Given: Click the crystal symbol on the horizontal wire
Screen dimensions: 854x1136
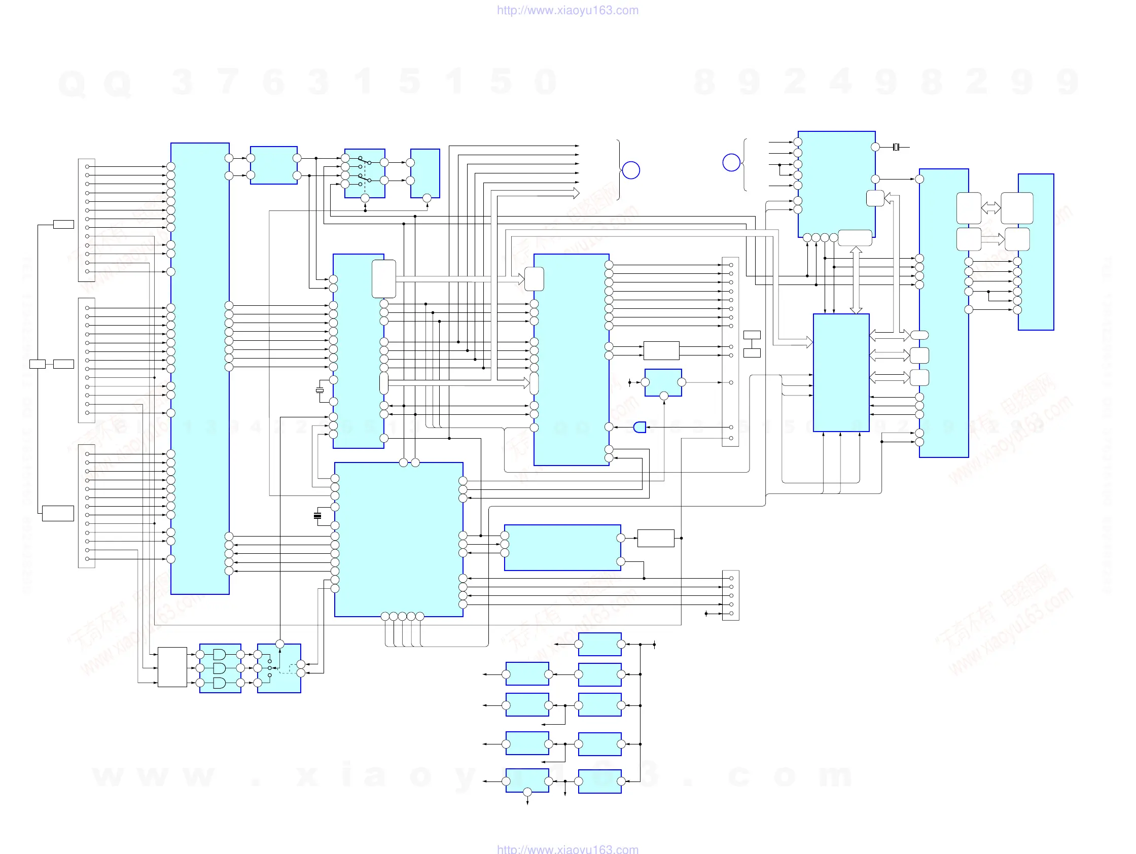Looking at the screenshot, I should pyautogui.click(x=896, y=148).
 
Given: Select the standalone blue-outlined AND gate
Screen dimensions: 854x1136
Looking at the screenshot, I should pyautogui.click(x=640, y=428).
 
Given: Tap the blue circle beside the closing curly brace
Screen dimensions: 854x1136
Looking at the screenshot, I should pyautogui.click(x=631, y=170).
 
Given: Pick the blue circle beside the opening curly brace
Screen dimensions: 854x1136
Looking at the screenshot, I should pyautogui.click(x=731, y=162).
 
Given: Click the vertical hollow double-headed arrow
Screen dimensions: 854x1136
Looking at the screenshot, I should pyautogui.click(x=856, y=280).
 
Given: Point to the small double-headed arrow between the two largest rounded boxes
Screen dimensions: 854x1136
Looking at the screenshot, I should pyautogui.click(x=990, y=208).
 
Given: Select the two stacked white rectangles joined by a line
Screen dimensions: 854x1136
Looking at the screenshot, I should pyautogui.click(x=752, y=344).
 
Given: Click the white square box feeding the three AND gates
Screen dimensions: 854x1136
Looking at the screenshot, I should pyautogui.click(x=172, y=666).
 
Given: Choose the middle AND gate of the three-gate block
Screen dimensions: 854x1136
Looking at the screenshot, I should pyautogui.click(x=219, y=668).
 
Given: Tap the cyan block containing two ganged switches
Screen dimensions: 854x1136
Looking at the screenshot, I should pyautogui.click(x=365, y=173).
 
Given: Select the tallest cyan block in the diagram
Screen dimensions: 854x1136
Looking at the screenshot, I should pyautogui.click(x=200, y=368).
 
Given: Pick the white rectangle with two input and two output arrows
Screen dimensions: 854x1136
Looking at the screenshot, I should pyautogui.click(x=661, y=350).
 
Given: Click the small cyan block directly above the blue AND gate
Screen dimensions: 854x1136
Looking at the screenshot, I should pyautogui.click(x=663, y=382).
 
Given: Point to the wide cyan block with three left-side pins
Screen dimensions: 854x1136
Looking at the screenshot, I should pyautogui.click(x=562, y=547).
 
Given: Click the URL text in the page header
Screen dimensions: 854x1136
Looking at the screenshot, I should pyautogui.click(x=567, y=10).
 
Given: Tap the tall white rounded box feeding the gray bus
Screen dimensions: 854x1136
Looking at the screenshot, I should pyautogui.click(x=383, y=279).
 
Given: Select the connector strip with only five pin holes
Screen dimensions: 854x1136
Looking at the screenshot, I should pyautogui.click(x=730, y=595).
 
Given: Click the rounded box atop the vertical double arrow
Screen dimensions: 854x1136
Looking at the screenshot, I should pyautogui.click(x=855, y=238).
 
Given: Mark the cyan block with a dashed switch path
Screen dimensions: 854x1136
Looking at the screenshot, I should pyautogui.click(x=279, y=668).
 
